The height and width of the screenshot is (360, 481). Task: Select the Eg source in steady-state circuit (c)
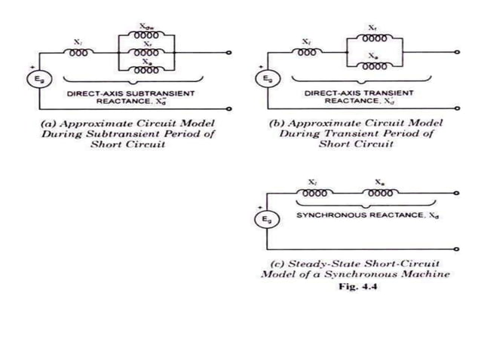[x=267, y=218]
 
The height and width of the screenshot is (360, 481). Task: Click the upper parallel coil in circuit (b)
[x=375, y=38]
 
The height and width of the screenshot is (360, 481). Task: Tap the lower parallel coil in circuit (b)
[x=375, y=64]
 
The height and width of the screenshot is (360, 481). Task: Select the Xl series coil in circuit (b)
[x=306, y=53]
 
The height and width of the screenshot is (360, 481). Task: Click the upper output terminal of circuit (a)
[x=230, y=53]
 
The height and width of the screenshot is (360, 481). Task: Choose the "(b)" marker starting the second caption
[x=277, y=122]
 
